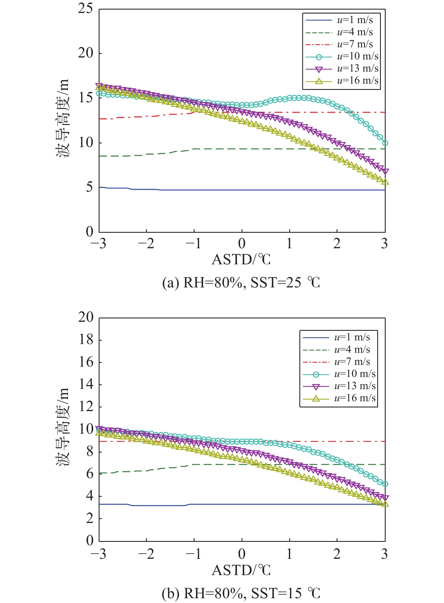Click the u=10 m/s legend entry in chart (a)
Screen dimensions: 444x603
357,56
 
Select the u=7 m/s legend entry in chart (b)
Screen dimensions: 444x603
352,362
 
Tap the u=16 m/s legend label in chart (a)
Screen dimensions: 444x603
357,81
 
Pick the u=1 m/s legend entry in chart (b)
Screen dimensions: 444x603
352,337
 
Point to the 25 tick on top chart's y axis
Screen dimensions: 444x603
85,8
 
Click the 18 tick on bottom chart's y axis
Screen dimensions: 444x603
86,340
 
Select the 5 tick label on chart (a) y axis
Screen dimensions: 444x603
89,187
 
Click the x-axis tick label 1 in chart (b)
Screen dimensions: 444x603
290,554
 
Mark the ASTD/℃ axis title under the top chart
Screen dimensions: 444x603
241,260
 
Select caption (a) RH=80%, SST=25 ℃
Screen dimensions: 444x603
241,283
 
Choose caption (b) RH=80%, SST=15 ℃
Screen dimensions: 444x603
241,593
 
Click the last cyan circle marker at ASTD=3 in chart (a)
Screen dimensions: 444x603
385,143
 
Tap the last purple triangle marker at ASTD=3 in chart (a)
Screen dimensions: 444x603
385,171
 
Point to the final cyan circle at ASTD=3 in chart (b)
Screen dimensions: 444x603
385,484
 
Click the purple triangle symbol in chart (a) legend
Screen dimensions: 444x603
319,69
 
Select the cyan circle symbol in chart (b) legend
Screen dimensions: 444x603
316,374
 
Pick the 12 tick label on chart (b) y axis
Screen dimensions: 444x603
86,407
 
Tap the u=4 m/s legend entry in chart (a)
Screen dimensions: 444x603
355,32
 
